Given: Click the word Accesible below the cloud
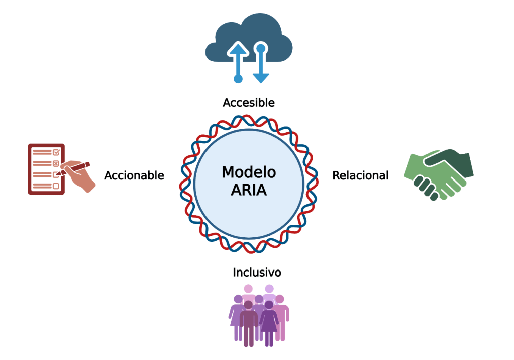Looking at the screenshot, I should [x=249, y=103].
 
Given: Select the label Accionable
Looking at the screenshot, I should [x=134, y=175].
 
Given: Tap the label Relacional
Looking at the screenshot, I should [x=360, y=175].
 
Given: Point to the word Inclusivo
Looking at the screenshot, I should [x=257, y=273].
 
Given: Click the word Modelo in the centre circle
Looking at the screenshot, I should [x=249, y=172].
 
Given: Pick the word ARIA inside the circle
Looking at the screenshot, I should [x=249, y=191].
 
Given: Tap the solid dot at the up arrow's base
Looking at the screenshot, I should [x=238, y=78].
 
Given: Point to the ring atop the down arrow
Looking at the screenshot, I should [x=260, y=48].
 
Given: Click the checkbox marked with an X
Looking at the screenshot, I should [x=56, y=163].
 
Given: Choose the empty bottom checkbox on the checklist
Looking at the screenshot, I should [x=56, y=186].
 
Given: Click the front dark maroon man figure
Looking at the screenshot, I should [x=248, y=322].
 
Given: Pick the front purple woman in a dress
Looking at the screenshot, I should [x=269, y=322].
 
